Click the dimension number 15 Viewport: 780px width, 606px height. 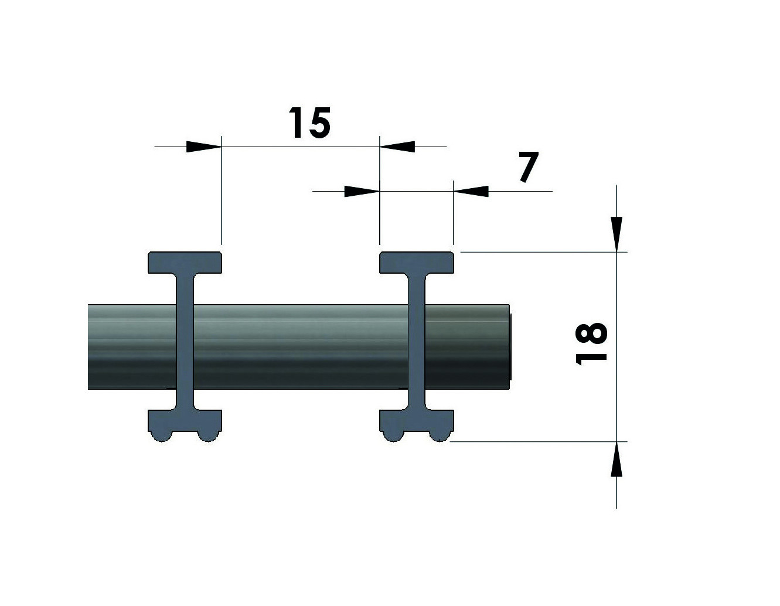coord(309,122)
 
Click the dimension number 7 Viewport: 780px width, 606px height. coord(529,166)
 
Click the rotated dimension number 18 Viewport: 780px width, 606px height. coord(591,343)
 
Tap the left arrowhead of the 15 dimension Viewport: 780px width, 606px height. coord(203,147)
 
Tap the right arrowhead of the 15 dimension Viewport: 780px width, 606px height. coord(397,147)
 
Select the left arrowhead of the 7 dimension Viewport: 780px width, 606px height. coord(362,191)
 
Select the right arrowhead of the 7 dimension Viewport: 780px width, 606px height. coord(471,191)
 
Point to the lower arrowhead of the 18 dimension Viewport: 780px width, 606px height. coord(616,459)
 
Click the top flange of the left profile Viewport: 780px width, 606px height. coord(185,263)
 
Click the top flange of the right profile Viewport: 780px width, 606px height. coord(417,263)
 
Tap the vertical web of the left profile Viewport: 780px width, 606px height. coord(185,342)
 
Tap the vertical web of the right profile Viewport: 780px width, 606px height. coord(417,342)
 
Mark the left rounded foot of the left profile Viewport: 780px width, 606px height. coord(161,436)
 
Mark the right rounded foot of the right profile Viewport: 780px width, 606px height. coord(440,436)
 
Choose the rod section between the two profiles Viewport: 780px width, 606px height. coord(301,347)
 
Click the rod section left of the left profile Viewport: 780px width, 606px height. coord(132,347)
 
